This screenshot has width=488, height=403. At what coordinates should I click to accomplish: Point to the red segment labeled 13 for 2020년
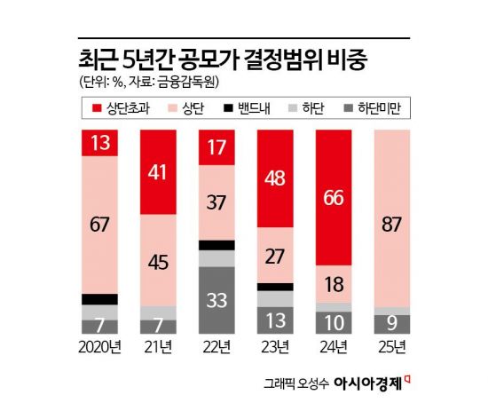99,143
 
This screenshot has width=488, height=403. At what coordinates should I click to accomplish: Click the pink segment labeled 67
99,225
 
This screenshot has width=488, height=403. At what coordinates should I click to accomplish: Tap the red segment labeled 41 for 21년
159,170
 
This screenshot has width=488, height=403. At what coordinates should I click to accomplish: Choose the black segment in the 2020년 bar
99,299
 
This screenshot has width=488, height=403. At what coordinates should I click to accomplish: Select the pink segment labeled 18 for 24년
335,283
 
